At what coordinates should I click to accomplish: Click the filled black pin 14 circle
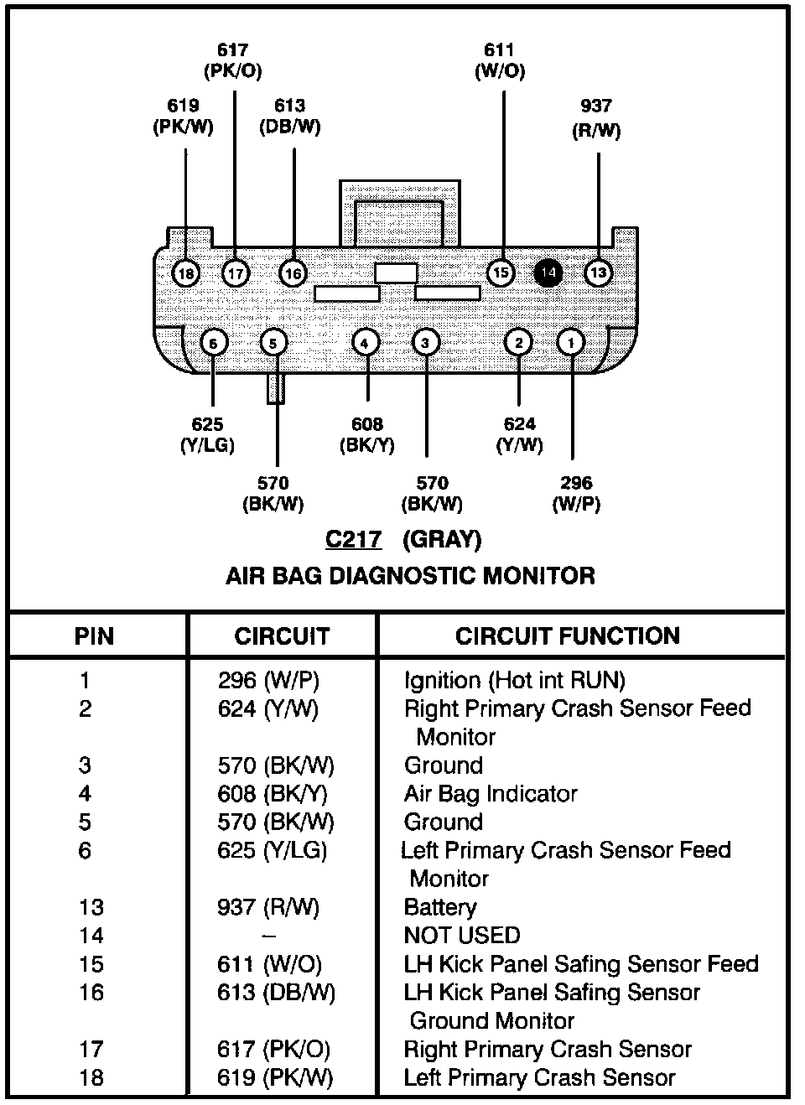548,272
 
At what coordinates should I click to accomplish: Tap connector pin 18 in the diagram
185,273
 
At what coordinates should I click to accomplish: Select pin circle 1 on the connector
571,342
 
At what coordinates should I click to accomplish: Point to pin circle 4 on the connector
365,342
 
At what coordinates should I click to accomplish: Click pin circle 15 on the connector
500,273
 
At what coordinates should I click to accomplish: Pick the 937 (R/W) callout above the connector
596,118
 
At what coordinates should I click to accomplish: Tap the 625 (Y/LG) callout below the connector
207,434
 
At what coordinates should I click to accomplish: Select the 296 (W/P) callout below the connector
576,493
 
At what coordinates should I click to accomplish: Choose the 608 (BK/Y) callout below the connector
366,434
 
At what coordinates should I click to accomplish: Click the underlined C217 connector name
353,538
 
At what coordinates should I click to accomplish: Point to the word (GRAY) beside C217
442,538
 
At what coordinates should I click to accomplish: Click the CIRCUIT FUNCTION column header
568,636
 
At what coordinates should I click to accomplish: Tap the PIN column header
94,636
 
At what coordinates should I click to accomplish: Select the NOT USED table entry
462,935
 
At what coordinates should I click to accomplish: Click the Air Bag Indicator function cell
491,793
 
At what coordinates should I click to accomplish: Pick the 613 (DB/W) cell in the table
276,993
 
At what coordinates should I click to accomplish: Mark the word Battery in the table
440,907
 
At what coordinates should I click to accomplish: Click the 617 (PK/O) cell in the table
273,1050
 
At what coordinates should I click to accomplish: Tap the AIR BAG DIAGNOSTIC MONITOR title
410,576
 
